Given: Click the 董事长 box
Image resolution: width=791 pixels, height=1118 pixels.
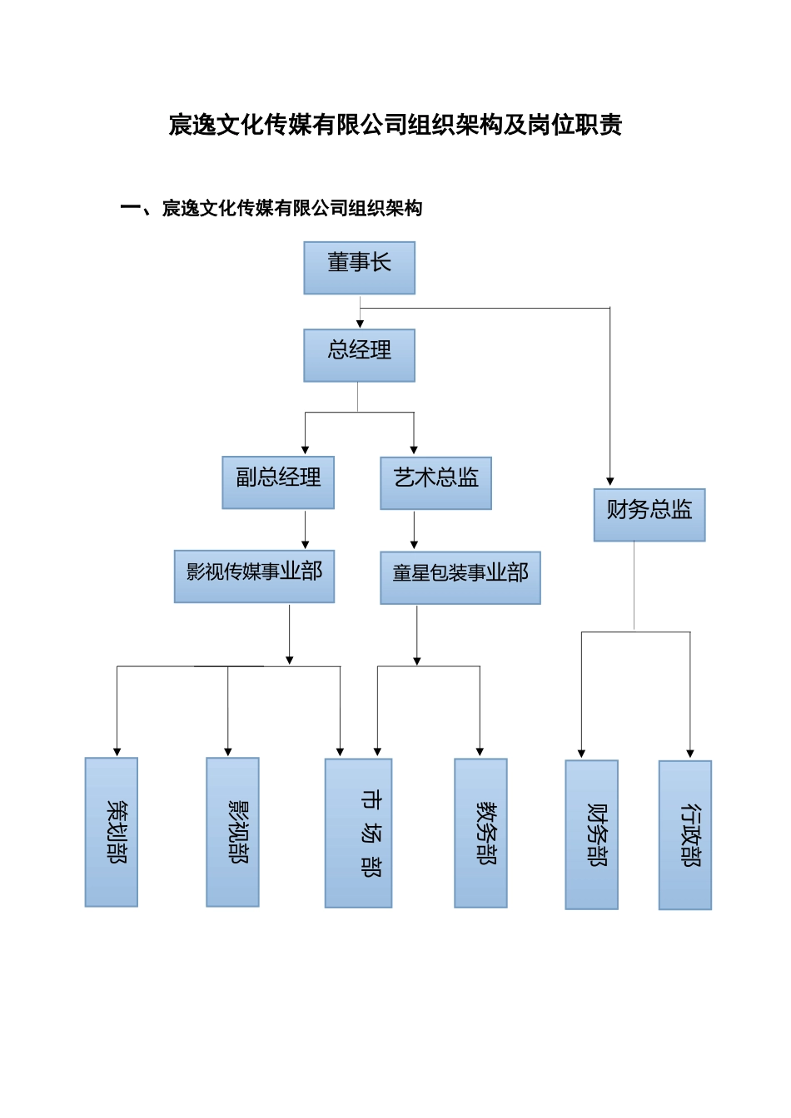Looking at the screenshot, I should click(359, 268).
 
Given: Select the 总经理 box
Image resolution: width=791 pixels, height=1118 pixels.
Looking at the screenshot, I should click(359, 355).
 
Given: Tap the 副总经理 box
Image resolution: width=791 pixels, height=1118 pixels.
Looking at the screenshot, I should click(278, 482).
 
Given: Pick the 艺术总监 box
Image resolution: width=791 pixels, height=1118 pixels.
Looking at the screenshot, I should click(435, 483).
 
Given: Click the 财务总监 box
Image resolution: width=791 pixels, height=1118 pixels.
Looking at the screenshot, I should click(649, 515).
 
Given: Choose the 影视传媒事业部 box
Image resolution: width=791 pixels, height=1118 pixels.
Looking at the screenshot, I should click(254, 576).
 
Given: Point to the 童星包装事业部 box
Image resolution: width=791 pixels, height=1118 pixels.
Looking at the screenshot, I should click(460, 577).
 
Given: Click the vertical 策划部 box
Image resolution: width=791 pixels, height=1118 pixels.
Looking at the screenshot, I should click(112, 832).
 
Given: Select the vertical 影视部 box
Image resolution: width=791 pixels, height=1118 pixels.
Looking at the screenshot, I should click(232, 832).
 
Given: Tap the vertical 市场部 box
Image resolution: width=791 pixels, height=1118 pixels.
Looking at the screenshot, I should click(358, 833).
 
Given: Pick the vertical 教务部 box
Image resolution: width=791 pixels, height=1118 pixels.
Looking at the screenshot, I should click(480, 833).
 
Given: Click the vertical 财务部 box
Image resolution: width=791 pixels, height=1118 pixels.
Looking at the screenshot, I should click(591, 834).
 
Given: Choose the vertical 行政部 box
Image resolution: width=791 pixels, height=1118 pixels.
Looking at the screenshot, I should click(684, 835).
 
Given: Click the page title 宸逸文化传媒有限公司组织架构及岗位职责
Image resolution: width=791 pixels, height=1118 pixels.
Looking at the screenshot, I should click(395, 126).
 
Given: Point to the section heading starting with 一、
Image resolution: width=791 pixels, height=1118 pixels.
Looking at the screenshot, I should click(271, 209).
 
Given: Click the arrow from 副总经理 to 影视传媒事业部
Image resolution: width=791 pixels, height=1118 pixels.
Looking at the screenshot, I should click(306, 529).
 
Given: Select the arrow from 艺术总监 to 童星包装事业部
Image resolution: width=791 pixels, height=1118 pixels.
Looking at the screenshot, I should click(414, 530).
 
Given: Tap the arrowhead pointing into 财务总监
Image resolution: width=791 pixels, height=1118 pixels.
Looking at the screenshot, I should click(610, 482).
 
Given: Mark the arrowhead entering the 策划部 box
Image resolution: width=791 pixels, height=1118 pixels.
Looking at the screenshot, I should click(117, 751).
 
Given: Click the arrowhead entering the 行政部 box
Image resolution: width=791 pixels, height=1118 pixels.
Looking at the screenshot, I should click(689, 754).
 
